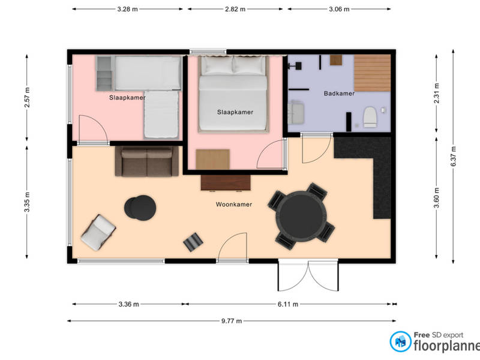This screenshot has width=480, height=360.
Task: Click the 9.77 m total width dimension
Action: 232,321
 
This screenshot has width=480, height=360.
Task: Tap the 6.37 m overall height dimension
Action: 454,157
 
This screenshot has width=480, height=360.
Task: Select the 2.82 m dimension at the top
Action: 235,9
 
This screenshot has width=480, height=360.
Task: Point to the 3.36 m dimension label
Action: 128,304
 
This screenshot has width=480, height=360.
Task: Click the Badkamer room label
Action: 339,94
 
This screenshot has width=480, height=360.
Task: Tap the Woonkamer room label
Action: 234,204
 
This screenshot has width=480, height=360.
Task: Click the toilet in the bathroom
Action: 370,116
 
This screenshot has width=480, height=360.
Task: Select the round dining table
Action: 301,216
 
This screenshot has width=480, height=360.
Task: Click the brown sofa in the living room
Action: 146,161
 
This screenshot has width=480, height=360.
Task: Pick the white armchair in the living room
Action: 98,232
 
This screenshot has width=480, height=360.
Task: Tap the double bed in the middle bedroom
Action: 233,94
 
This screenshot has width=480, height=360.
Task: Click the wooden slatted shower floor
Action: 372,73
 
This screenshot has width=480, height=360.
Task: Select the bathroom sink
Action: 296,113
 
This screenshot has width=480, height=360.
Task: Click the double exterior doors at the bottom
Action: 308,275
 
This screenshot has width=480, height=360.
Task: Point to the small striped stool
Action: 193,242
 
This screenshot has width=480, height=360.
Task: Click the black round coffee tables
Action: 140,208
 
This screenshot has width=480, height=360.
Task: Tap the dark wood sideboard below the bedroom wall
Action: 226,183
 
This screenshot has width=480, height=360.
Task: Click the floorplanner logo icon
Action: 400,341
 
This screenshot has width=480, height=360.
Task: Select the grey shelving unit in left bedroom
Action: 104,73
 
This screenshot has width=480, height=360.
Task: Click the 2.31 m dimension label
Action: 437,93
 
